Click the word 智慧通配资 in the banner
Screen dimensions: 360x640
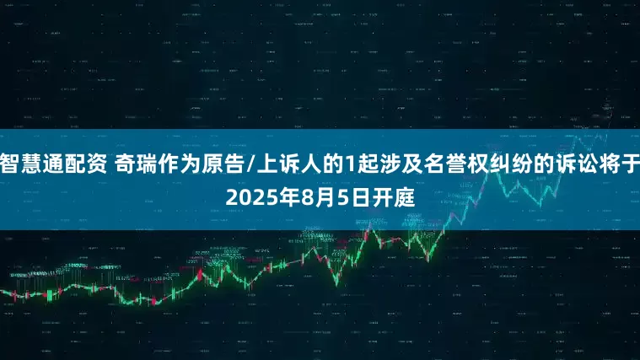click(x=53, y=164)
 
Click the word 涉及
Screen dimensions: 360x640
click(x=368, y=164)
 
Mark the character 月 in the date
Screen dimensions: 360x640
click(x=320, y=199)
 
